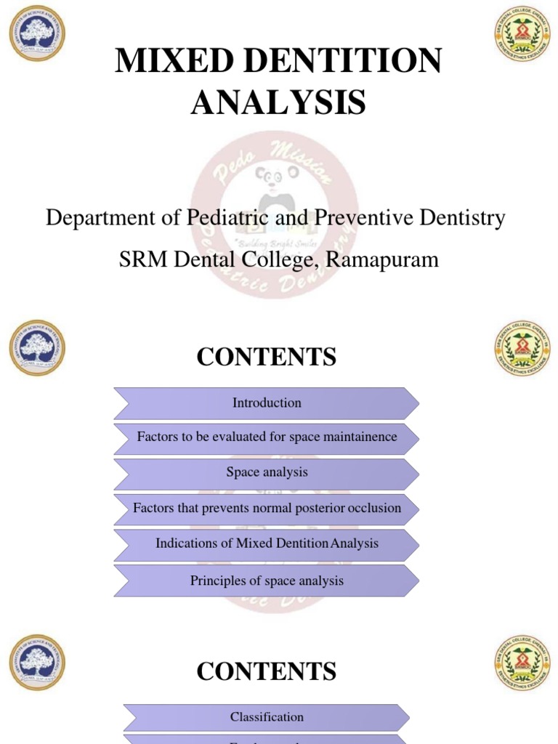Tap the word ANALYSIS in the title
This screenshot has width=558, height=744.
pos(278,102)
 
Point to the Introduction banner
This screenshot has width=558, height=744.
pos(267,403)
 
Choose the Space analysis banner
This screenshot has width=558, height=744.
pos(267,472)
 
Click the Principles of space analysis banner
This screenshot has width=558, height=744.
pos(267,581)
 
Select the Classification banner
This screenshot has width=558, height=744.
pos(267,717)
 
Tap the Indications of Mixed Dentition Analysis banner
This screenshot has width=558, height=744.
pos(267,543)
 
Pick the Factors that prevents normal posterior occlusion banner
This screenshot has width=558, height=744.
pos(267,509)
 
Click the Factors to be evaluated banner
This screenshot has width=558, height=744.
pos(267,437)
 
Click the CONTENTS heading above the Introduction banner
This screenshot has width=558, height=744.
pos(267,357)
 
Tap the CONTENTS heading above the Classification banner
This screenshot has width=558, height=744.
pos(267,672)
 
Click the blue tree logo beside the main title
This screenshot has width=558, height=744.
pos(37,33)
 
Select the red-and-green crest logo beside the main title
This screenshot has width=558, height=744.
pos(522,33)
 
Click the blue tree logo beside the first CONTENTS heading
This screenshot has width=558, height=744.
pos(37,347)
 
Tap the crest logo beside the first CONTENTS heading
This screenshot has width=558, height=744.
pos(522,347)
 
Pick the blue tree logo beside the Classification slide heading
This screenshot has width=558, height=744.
pos(37,662)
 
